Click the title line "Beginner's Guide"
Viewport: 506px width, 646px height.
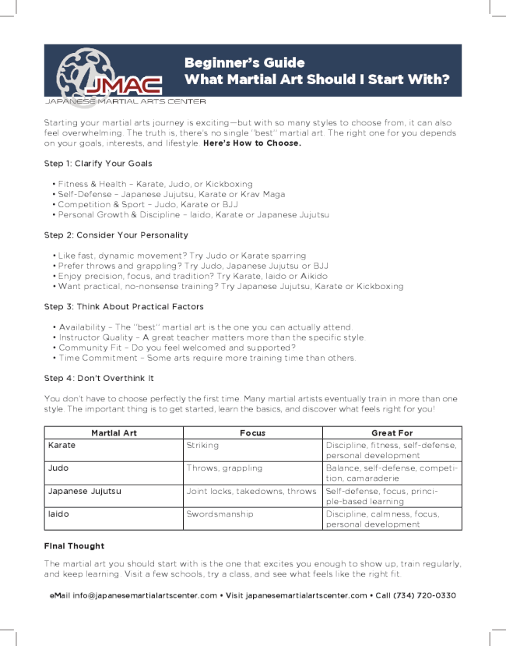(244, 62)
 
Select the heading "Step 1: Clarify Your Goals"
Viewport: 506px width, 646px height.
(98, 164)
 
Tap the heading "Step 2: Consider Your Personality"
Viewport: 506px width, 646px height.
(116, 235)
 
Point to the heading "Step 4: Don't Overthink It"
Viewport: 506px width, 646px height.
(99, 378)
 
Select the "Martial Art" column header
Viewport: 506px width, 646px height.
(114, 432)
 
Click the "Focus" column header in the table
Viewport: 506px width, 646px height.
(252, 432)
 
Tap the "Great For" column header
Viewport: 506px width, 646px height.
(392, 432)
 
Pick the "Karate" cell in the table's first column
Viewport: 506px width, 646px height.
(61, 445)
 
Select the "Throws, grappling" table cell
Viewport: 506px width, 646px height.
(224, 468)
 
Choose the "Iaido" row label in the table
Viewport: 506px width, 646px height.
(58, 514)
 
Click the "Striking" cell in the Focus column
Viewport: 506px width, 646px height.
(202, 445)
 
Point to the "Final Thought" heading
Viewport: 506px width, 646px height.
(74, 545)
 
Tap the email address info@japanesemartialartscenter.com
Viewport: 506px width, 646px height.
(145, 595)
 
